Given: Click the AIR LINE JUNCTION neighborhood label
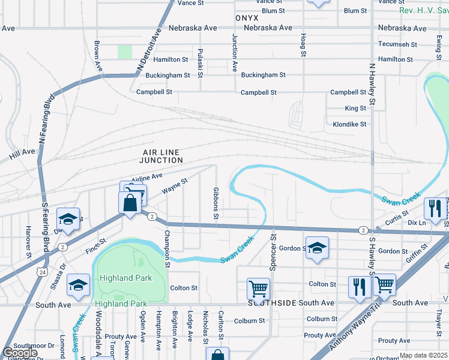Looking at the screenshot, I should (x=161, y=156).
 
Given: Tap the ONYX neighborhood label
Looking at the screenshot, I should (x=247, y=18).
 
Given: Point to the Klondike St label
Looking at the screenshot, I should (x=349, y=124).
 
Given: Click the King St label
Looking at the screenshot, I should (x=355, y=109).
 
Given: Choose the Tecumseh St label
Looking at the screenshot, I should (x=398, y=44).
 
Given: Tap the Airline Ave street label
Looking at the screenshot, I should (x=147, y=177).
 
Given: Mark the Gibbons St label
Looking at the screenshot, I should (x=215, y=203).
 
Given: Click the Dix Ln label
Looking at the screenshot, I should (x=416, y=222).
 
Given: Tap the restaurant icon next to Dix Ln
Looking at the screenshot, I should (x=434, y=208).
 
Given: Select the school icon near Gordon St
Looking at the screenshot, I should (x=317, y=248).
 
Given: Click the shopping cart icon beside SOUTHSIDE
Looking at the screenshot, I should (x=258, y=289).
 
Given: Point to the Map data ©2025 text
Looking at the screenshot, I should (x=422, y=355).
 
